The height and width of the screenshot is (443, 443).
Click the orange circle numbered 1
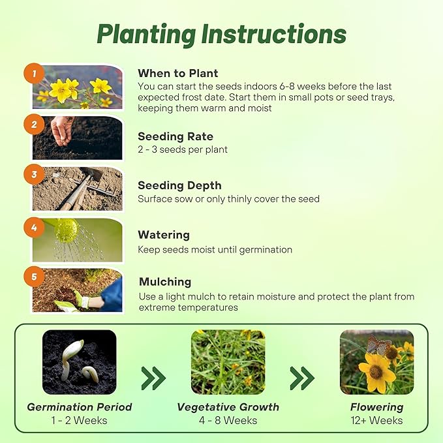click(x=34, y=74)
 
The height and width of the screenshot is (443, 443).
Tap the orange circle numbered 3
click(x=34, y=175)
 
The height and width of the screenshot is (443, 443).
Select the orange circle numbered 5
click(x=34, y=277)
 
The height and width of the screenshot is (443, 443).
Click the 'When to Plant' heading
click(x=177, y=73)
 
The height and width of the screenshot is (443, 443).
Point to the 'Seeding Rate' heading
click(x=175, y=136)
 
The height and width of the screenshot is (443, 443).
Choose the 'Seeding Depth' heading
click(x=179, y=185)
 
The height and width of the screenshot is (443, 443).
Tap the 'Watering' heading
click(x=163, y=234)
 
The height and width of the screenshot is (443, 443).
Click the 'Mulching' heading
click(x=165, y=282)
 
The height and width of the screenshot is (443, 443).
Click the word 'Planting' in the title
click(x=147, y=35)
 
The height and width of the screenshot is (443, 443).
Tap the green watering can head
click(x=67, y=230)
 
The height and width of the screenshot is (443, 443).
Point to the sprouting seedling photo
click(x=79, y=361)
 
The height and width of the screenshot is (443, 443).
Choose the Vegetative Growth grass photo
click(x=228, y=361)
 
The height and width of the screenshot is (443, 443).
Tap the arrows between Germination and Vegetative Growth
click(x=153, y=378)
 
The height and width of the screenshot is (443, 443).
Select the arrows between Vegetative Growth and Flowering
click(x=302, y=378)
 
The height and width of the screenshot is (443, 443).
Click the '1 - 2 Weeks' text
click(x=79, y=420)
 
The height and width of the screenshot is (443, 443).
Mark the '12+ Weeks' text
click(x=376, y=420)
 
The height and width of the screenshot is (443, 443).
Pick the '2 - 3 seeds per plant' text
click(x=182, y=149)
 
